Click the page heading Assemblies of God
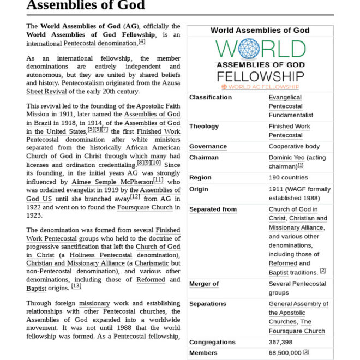point(86,5)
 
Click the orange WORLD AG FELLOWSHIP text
point(260,87)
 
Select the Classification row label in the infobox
point(211,98)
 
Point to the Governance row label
point(208,147)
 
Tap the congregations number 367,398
point(280,343)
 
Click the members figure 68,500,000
point(285,353)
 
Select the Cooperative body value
point(294,147)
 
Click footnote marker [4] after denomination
point(142,41)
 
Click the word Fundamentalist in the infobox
point(291,115)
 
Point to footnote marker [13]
point(76,286)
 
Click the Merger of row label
point(204,284)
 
